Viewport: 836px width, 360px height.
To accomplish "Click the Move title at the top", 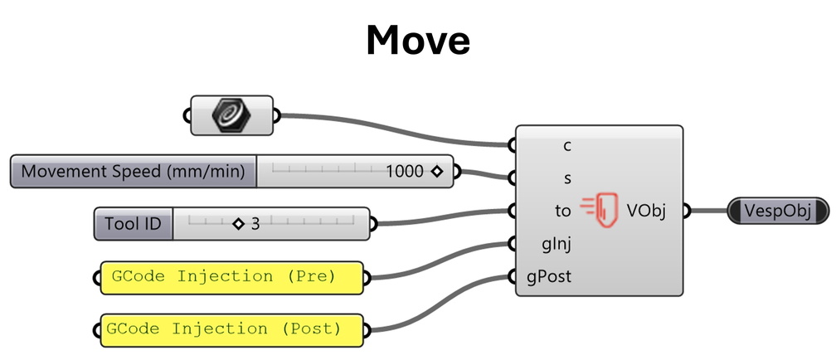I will pyautogui.click(x=418, y=39).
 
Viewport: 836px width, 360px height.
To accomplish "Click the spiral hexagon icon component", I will pyautogui.click(x=232, y=115).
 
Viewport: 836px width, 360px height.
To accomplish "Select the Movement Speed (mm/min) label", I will pyautogui.click(x=134, y=172).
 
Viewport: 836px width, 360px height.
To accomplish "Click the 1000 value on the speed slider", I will pyautogui.click(x=404, y=172).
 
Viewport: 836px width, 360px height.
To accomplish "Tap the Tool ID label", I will pyautogui.click(x=134, y=223).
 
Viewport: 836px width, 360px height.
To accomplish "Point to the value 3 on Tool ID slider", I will pyautogui.click(x=255, y=223).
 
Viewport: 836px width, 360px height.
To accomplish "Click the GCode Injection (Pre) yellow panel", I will pyautogui.click(x=232, y=277).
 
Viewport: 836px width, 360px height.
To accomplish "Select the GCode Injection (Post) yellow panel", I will pyautogui.click(x=232, y=329).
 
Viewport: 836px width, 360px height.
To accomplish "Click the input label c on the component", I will pyautogui.click(x=567, y=146).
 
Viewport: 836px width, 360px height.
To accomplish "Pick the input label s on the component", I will pyautogui.click(x=567, y=178).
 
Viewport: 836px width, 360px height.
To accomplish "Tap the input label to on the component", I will pyautogui.click(x=563, y=211).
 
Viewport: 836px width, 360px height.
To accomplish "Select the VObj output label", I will pyautogui.click(x=645, y=211).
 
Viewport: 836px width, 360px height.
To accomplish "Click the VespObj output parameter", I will pyautogui.click(x=779, y=210).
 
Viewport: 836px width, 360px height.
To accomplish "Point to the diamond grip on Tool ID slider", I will pyautogui.click(x=239, y=223).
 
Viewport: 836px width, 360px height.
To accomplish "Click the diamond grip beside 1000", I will pyautogui.click(x=435, y=173).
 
